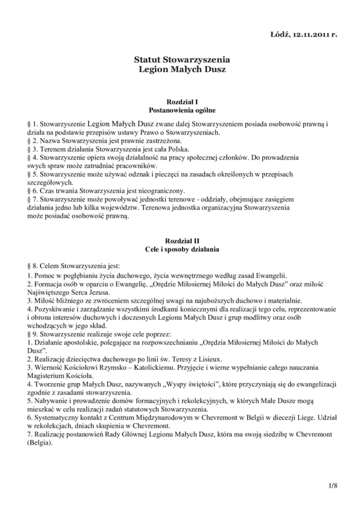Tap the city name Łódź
coord(280,34)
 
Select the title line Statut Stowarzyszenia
coord(182,59)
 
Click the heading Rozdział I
coord(182,103)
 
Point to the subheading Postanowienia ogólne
coord(182,110)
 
